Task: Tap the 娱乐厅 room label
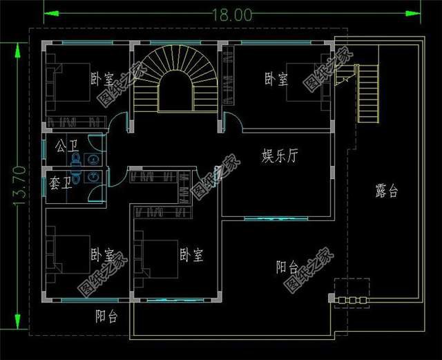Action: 280,155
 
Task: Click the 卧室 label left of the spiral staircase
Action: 102,78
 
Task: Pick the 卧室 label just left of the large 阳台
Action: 191,255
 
